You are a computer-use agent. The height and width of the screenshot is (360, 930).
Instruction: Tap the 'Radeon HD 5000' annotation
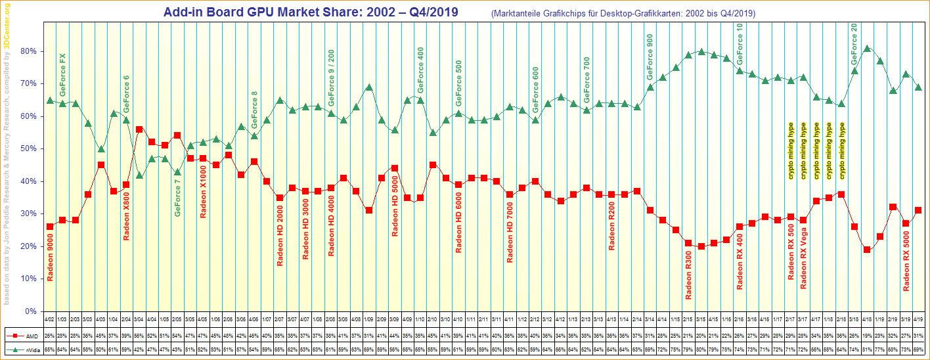pos(395,206)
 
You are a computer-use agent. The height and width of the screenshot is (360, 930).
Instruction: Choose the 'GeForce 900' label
pos(650,56)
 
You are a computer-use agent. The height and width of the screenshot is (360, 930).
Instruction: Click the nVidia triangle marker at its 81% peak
pos(867,48)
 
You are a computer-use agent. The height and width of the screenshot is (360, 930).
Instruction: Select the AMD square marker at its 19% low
pos(867,250)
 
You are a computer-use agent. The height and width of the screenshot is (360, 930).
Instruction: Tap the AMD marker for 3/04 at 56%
pos(139,129)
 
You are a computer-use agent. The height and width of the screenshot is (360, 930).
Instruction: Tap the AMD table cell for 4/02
pos(50,334)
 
